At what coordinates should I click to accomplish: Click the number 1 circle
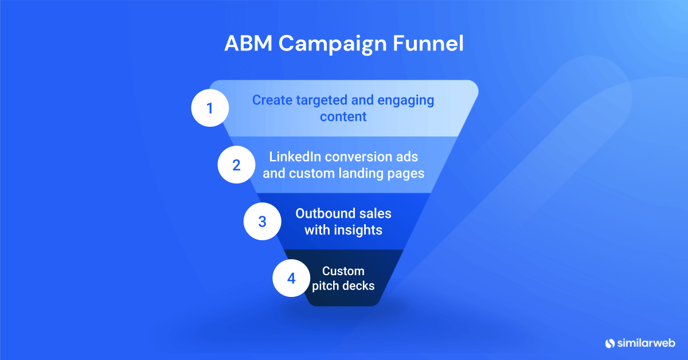coord(210,108)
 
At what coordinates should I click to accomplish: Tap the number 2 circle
coord(236,165)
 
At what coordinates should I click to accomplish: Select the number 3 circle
coord(262,221)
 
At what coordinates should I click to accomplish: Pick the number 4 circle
coord(291,279)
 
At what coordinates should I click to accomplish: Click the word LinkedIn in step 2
coord(292,156)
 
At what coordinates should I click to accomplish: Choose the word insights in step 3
coord(359,230)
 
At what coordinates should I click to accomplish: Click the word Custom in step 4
coord(343,271)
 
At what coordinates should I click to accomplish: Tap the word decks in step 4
coord(359,285)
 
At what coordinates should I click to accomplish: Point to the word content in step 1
coord(343,116)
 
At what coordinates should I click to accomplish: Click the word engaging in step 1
coord(404,100)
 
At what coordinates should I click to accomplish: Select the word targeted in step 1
coord(321,100)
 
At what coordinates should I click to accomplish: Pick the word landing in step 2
coord(369,173)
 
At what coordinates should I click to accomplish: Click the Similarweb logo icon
coord(610,343)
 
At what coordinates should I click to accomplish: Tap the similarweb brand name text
coord(646,343)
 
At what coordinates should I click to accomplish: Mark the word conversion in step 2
coord(366,156)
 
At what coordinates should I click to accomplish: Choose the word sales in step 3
coord(376,213)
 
